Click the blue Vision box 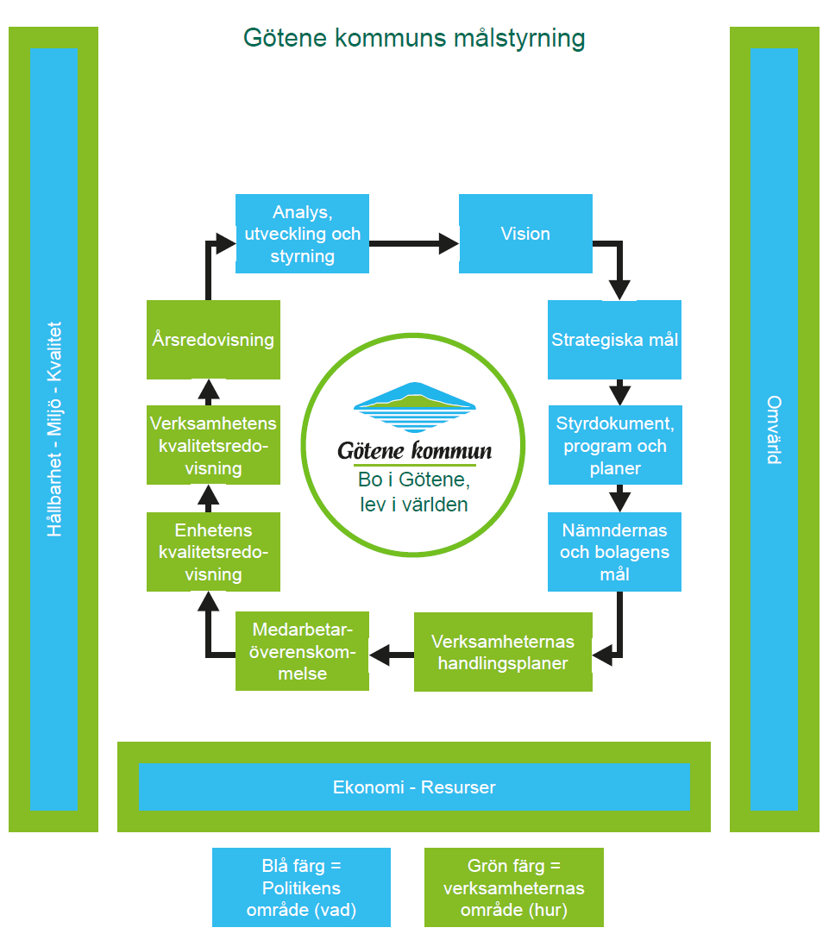click(525, 234)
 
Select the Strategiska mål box click(614, 340)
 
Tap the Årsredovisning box click(213, 340)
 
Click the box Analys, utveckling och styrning click(302, 234)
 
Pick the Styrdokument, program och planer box click(614, 445)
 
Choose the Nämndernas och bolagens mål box click(614, 552)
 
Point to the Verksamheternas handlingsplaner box click(503, 652)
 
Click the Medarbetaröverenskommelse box click(302, 651)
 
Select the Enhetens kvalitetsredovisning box click(213, 552)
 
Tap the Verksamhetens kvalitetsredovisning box click(213, 445)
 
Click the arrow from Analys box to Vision click(414, 244)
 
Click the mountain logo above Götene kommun click(414, 406)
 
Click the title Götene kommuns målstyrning click(414, 39)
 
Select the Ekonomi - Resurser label click(414, 787)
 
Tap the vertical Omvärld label click(774, 429)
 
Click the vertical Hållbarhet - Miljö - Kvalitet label click(54, 429)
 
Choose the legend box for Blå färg click(301, 887)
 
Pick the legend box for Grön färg click(514, 887)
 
